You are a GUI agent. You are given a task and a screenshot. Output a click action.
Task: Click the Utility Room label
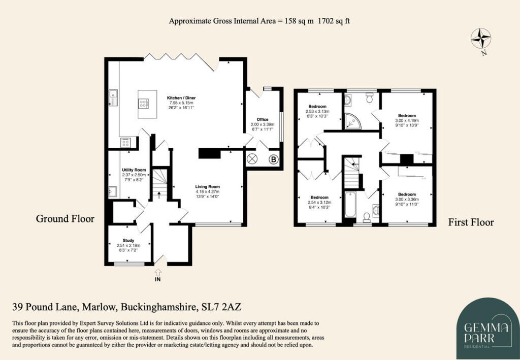coord(134,170)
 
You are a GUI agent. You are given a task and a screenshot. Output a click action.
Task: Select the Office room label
coord(262,119)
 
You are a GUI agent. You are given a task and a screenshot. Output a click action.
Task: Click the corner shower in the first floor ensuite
coord(350,120)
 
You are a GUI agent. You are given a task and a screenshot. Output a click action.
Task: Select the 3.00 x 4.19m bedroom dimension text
coord(407,120)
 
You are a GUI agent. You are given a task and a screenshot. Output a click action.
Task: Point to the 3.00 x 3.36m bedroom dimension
coord(407,199)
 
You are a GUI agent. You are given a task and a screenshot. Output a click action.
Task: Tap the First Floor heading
coord(471,222)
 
